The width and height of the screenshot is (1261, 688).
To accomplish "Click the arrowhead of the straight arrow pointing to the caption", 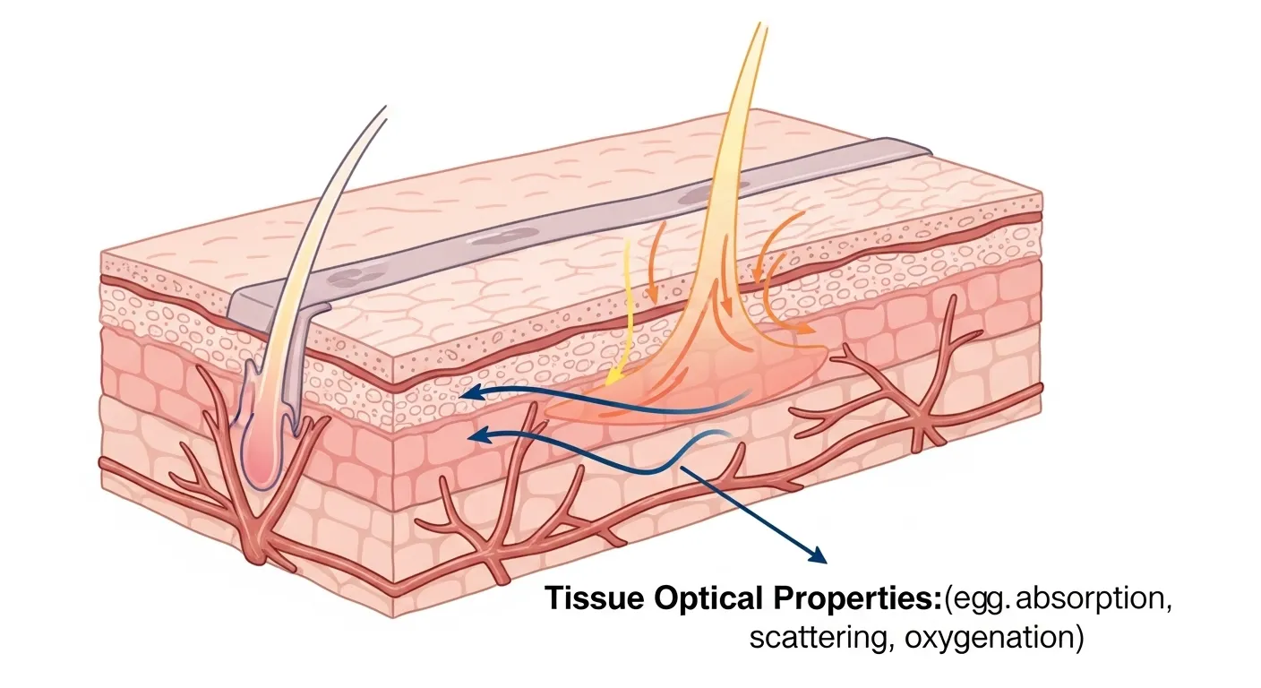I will point(818,558).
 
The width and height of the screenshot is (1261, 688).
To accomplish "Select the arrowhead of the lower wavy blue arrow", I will point(476,436).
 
